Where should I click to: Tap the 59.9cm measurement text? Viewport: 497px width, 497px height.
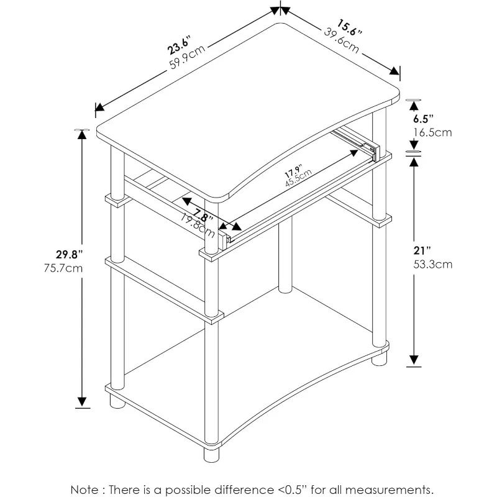(x=188, y=57)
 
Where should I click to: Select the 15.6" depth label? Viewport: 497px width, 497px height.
(x=349, y=27)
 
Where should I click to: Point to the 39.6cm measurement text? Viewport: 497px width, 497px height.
(x=342, y=40)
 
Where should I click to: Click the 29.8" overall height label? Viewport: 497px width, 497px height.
(x=70, y=254)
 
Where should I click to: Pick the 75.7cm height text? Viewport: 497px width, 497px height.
(x=63, y=268)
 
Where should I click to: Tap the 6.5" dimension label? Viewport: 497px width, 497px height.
(x=423, y=119)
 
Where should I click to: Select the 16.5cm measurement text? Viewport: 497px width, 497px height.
(x=432, y=132)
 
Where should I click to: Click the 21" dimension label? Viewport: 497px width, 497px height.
(x=422, y=251)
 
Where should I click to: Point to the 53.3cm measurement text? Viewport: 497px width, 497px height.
(x=432, y=265)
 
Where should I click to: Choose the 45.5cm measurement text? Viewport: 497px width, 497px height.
(x=299, y=178)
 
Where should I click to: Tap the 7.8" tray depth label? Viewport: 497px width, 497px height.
(x=204, y=215)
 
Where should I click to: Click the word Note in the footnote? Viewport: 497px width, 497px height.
(x=84, y=490)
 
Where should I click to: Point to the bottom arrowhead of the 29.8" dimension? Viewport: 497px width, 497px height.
(x=82, y=402)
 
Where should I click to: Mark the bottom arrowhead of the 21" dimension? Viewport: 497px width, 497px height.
(x=414, y=360)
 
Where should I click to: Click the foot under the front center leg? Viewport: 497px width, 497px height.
(x=211, y=454)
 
